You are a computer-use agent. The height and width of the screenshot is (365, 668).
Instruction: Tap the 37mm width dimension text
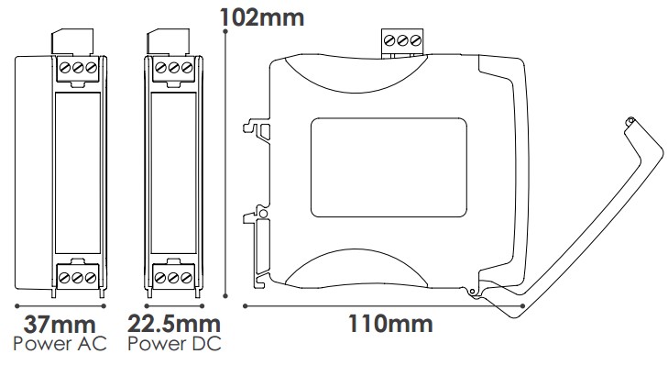pos(60,324)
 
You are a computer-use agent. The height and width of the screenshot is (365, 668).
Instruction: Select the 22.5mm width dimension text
pos(174,324)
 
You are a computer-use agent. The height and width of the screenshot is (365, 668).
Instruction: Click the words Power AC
pos(60,345)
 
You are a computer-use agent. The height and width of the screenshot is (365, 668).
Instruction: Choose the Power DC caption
pos(174,345)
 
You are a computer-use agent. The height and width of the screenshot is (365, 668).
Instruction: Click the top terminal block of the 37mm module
pos(79,68)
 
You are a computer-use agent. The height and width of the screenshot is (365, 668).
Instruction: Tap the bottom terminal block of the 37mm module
pos(79,274)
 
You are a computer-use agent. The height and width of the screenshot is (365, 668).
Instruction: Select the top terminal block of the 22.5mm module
pos(174,68)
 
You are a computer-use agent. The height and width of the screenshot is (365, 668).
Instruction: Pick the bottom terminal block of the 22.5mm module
pos(174,274)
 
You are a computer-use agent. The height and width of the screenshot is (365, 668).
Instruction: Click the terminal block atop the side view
pos(402,41)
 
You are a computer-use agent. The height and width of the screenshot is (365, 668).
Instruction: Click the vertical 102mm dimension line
pos(226,165)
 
